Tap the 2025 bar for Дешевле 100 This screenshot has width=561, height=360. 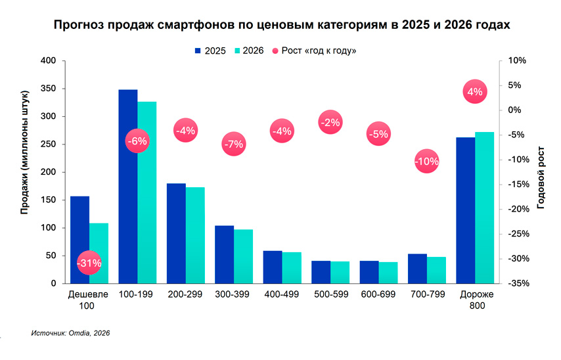click(79, 240)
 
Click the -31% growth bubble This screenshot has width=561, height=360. click(89, 263)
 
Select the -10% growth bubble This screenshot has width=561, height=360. click(426, 161)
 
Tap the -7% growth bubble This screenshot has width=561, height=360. click(233, 144)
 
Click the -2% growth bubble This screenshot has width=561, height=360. click(330, 122)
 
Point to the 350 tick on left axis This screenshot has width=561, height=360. click(49, 89)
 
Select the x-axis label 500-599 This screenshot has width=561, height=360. click(330, 294)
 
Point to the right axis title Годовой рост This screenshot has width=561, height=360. click(541, 171)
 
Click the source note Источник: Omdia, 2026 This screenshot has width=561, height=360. click(70, 333)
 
